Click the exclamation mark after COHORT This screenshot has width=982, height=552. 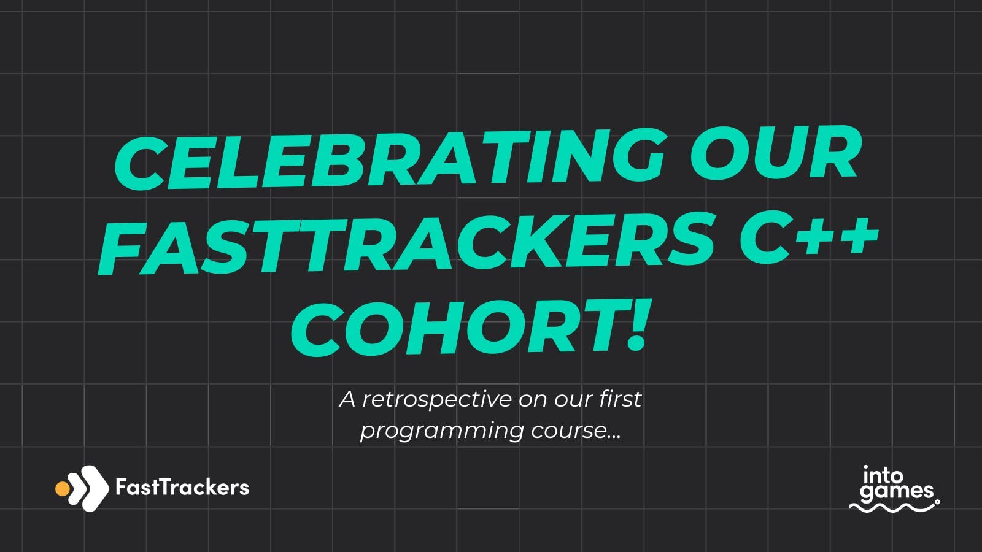point(636,324)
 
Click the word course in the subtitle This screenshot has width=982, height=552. point(568,430)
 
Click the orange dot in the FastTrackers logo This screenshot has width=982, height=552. point(62,488)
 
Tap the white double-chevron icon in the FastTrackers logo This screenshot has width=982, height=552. point(90,488)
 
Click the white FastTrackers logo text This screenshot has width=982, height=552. point(182,487)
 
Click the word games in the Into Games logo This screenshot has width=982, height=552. point(897,491)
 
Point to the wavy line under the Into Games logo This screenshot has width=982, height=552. point(894,507)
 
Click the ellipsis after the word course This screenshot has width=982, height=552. point(614,436)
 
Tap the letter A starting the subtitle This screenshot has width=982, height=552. point(347,399)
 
